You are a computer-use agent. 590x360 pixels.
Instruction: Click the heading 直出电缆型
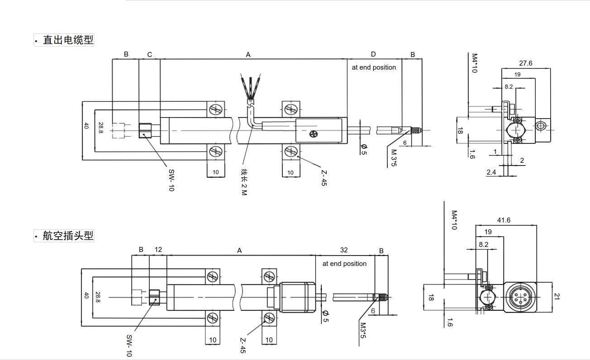[68, 40]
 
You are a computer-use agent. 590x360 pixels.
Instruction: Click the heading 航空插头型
[68, 236]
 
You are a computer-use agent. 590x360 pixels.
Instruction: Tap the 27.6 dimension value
[525, 63]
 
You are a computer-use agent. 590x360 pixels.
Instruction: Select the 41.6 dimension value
[504, 220]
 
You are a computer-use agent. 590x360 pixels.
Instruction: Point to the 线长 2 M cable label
[244, 182]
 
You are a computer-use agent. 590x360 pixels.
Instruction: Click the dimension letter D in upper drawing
[373, 54]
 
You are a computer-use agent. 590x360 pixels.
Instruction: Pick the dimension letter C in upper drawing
[150, 55]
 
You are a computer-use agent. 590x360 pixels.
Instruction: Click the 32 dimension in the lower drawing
[344, 250]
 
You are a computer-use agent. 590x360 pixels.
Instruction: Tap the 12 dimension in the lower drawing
[158, 249]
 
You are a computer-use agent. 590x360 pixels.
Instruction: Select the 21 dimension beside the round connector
[556, 297]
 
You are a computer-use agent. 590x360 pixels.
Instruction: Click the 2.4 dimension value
[491, 172]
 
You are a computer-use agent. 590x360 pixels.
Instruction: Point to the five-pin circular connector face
[520, 297]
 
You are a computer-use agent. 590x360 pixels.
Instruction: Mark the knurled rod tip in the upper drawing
[416, 130]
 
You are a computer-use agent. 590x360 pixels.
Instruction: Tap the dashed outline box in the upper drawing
[118, 130]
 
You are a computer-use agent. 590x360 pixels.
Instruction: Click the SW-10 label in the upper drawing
[171, 180]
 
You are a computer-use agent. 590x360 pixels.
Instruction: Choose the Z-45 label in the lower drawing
[243, 346]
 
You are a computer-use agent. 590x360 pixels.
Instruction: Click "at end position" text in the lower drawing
[344, 264]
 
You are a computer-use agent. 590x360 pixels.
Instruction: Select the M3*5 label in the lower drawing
[363, 331]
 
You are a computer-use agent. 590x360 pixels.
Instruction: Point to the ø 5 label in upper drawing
[364, 149]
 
